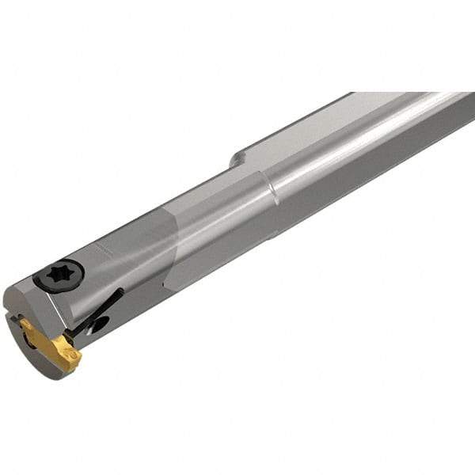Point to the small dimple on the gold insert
[70, 354]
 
